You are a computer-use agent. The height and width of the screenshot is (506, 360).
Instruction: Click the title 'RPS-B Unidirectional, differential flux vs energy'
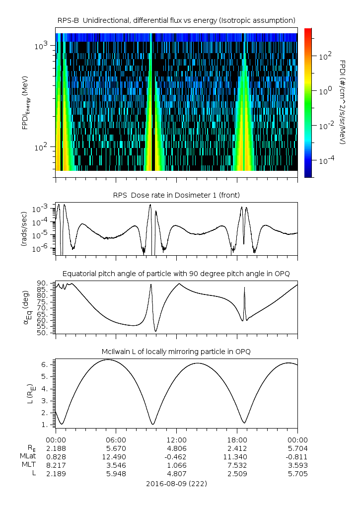tap(176, 20)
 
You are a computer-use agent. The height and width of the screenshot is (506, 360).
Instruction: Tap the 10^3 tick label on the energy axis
tap(41, 46)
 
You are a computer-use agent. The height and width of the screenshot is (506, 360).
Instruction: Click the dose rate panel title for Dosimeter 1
tap(176, 195)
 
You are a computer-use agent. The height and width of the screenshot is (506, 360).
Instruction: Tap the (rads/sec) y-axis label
tap(24, 229)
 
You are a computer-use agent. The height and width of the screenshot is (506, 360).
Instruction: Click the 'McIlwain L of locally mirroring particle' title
tap(176, 352)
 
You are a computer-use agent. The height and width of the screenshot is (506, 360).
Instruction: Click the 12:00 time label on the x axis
tap(176, 440)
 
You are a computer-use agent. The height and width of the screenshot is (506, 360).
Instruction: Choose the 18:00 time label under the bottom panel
tap(237, 440)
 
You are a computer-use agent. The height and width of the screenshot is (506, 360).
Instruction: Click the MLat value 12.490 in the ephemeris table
tap(116, 457)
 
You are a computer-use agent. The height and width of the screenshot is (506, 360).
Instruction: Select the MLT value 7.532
tap(237, 465)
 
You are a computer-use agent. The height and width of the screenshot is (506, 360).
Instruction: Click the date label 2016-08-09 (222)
tap(176, 484)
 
